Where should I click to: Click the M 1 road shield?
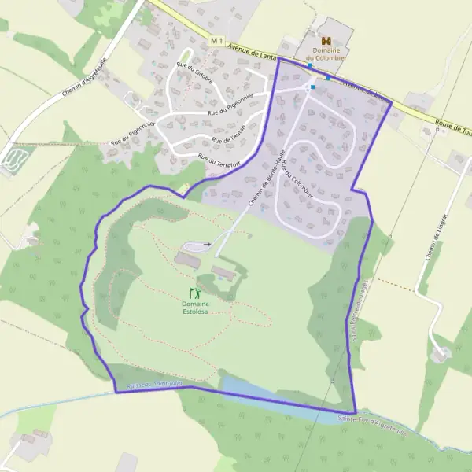(x=218, y=39)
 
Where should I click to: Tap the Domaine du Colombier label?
(x=326, y=54)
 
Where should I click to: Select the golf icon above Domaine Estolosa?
(x=195, y=293)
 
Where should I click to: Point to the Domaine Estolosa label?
(x=195, y=308)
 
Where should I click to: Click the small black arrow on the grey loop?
(x=208, y=245)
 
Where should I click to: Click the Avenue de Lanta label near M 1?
(x=252, y=52)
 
